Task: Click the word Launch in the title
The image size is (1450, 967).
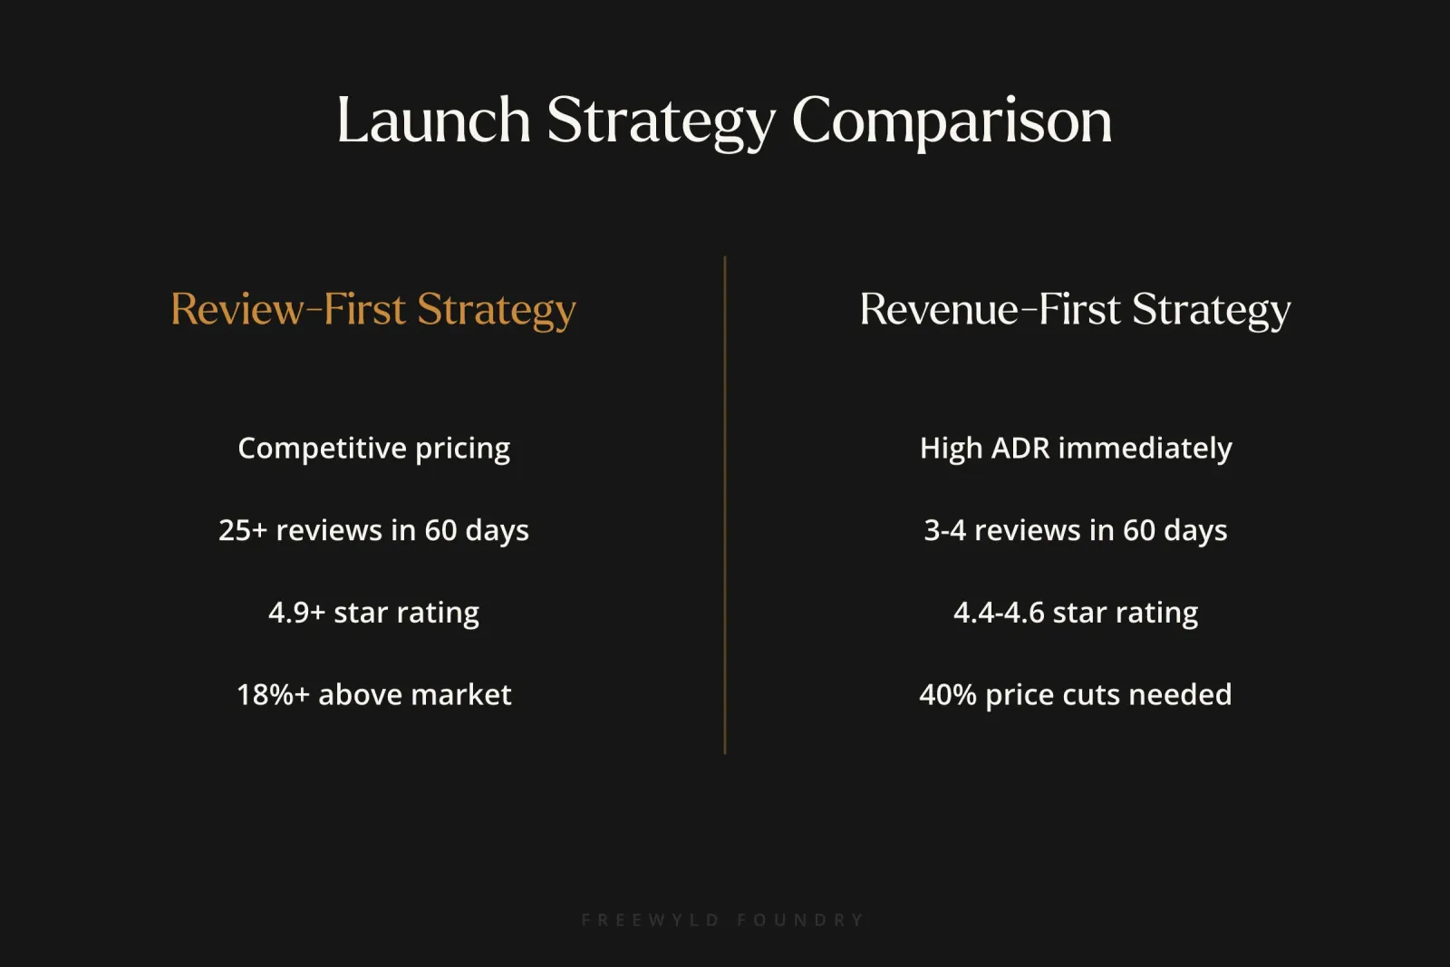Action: tap(433, 121)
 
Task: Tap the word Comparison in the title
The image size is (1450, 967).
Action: tap(952, 121)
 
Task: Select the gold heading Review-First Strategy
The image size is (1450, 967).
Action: tap(373, 310)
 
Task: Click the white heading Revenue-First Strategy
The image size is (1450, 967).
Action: tap(1075, 310)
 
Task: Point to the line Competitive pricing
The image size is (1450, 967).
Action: tap(373, 449)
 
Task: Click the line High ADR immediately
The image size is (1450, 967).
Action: tap(1076, 449)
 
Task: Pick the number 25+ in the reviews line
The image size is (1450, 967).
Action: tap(242, 530)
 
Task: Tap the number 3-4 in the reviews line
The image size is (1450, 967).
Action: tap(944, 530)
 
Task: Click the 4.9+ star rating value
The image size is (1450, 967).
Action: tap(296, 613)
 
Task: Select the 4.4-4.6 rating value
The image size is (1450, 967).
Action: tap(999, 613)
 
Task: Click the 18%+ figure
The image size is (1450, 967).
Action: tap(273, 695)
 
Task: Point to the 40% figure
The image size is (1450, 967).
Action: tap(947, 695)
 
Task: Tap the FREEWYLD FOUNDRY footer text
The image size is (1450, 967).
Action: tap(723, 920)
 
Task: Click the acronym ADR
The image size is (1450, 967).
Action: tap(1020, 449)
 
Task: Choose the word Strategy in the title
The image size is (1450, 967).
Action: tap(662, 121)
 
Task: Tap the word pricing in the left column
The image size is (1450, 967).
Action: tap(462, 449)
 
